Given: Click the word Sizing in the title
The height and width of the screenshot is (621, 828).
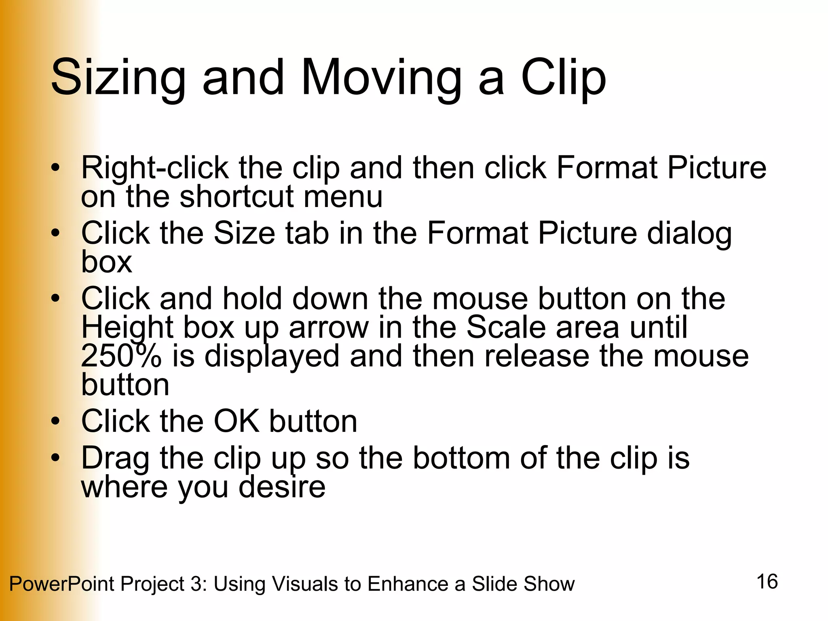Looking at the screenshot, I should tap(118, 78).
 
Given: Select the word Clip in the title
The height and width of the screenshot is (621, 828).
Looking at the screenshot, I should tap(564, 78).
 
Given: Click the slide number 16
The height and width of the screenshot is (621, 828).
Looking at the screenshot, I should tap(767, 582).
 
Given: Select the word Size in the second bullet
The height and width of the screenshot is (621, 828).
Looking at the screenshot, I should tap(244, 233).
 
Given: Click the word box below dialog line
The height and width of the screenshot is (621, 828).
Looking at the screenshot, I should tap(107, 262).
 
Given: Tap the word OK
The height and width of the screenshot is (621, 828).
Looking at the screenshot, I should tap(237, 421).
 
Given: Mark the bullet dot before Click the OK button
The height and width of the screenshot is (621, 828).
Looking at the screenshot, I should tap(55, 422).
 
